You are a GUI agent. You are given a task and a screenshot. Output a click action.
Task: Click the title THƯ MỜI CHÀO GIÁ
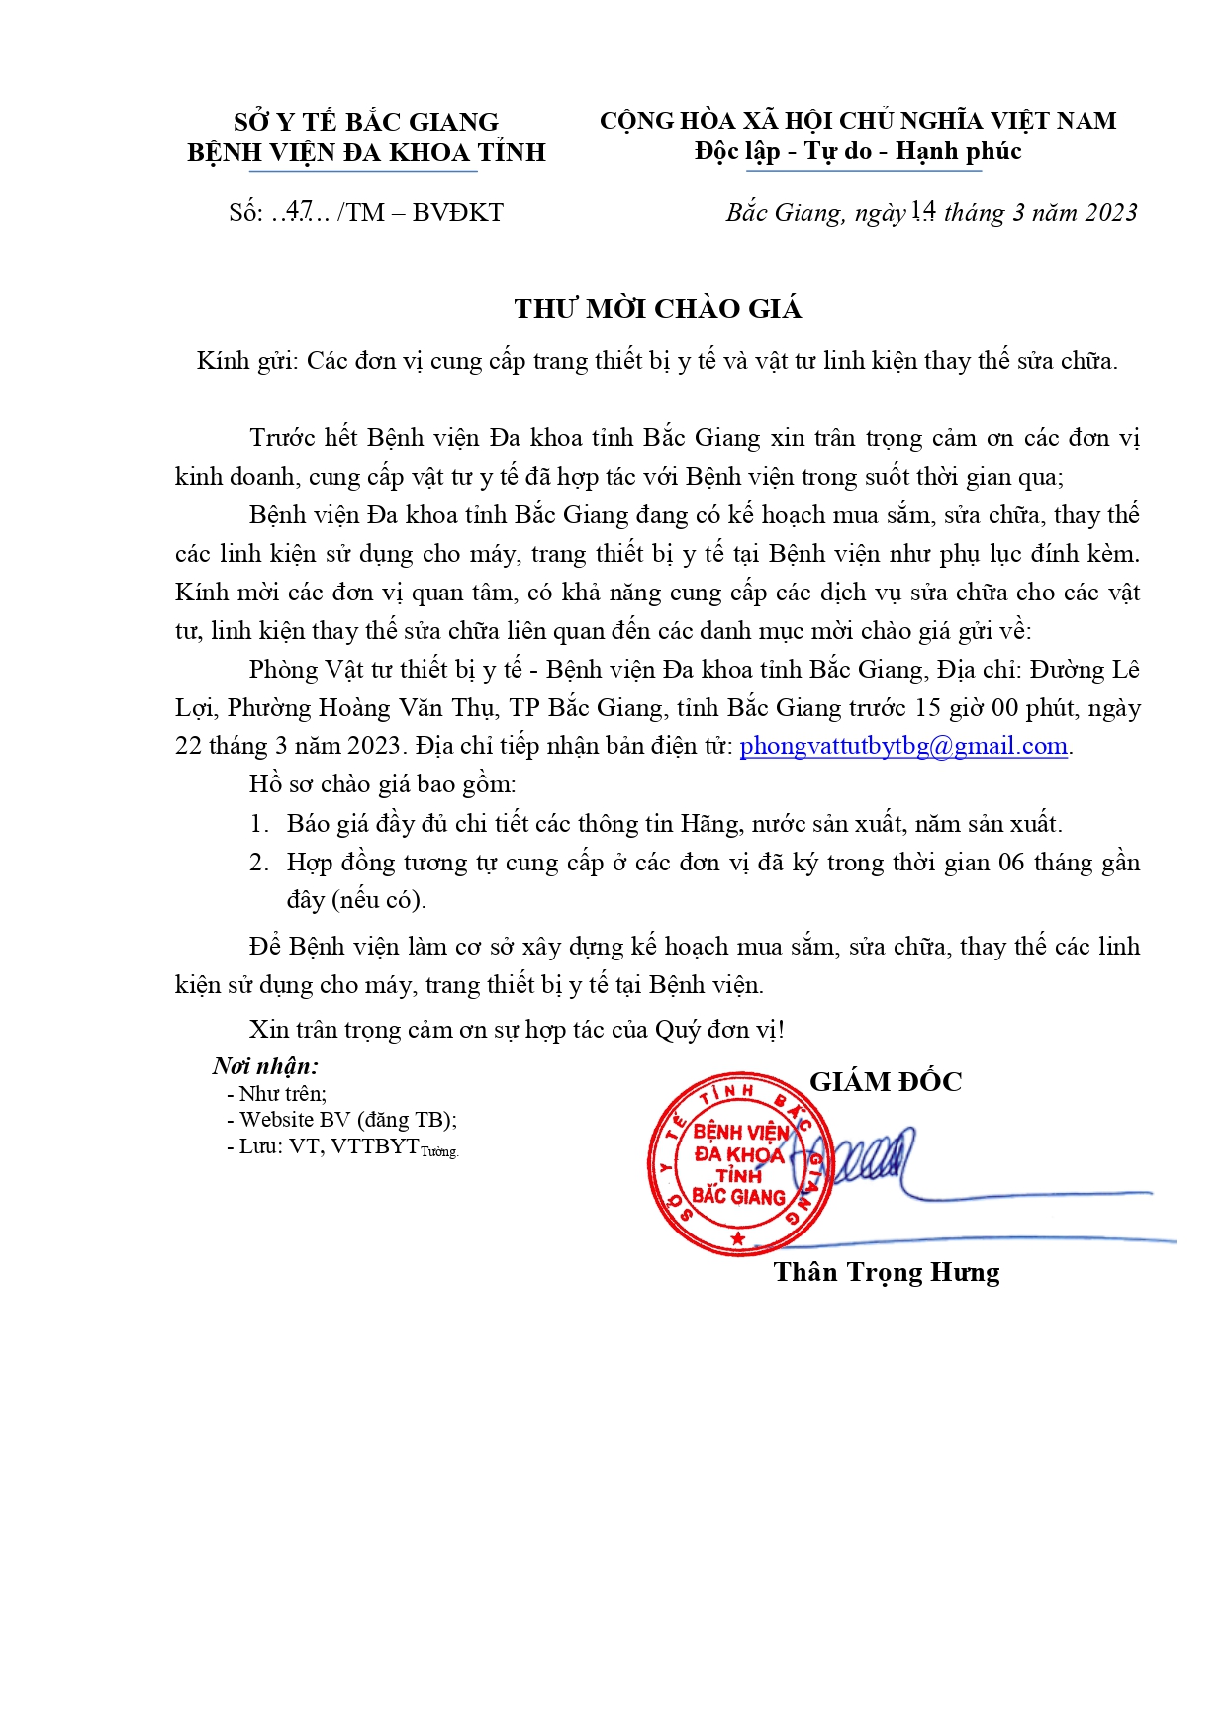point(657,309)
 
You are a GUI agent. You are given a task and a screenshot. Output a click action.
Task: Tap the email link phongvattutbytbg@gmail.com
point(903,746)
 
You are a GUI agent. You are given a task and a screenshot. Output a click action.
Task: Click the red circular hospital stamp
point(739,1164)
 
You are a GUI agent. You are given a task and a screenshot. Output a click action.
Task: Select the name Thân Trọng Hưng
point(886,1272)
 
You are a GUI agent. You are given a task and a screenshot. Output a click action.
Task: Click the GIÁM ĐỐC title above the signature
point(886,1082)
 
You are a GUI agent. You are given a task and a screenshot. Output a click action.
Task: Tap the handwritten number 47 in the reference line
point(300,211)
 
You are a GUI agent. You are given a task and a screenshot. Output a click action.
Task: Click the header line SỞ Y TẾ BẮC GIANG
point(366,122)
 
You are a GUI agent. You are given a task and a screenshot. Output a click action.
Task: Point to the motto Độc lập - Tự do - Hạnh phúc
point(857,151)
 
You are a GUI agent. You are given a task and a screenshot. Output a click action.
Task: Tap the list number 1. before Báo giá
point(259,824)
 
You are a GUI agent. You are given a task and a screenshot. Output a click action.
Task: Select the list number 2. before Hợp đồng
point(259,863)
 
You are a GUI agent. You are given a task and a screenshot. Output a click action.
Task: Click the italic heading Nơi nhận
point(265,1066)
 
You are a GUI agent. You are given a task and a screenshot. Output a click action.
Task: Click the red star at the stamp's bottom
point(737,1238)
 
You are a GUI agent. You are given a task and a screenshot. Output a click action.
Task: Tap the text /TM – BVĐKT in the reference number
point(421,213)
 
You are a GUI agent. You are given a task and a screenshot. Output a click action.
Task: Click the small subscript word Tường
point(439,1151)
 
